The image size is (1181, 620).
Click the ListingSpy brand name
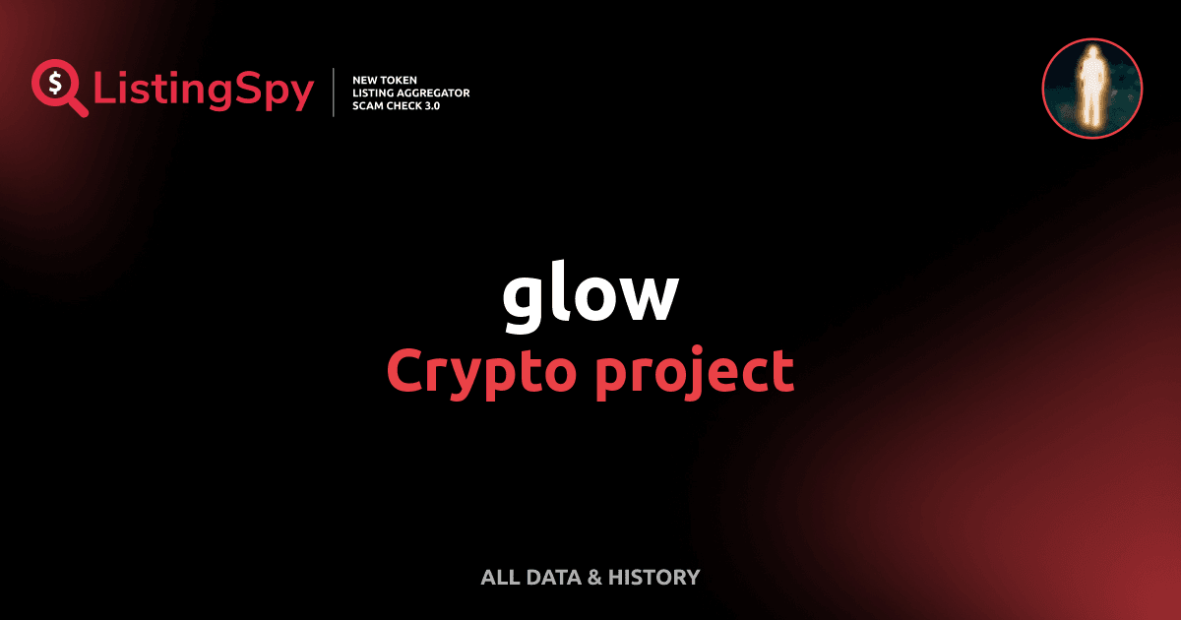point(204,92)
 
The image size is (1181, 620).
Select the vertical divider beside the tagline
point(335,93)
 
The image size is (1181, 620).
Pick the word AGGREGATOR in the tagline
point(432,93)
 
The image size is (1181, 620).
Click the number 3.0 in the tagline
point(430,105)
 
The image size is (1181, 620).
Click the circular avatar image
point(1091,89)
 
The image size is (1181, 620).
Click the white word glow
point(590,296)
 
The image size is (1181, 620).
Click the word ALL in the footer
point(497,578)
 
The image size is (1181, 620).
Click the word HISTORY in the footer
point(654,578)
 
